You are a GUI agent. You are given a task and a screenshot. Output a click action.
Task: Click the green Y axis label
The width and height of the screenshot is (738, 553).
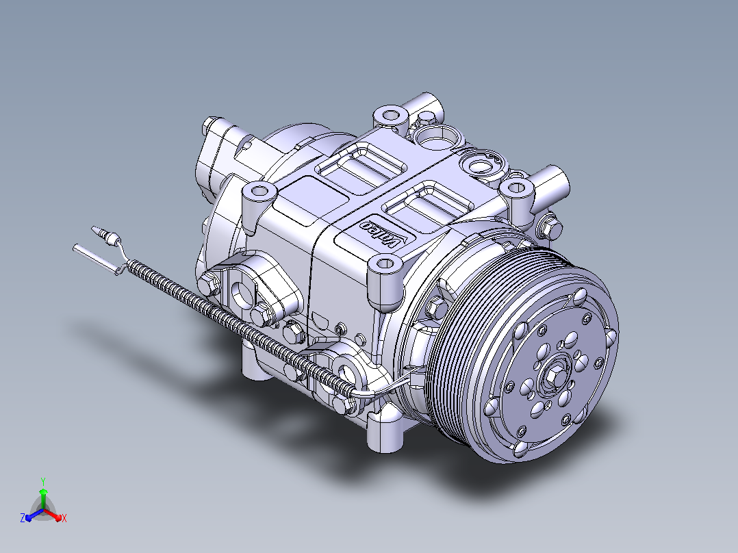coord(43,481)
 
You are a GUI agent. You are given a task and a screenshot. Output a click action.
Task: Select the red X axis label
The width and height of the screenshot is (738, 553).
coord(64,518)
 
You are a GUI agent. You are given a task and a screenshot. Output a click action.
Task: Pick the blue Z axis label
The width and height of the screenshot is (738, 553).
coord(23,517)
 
